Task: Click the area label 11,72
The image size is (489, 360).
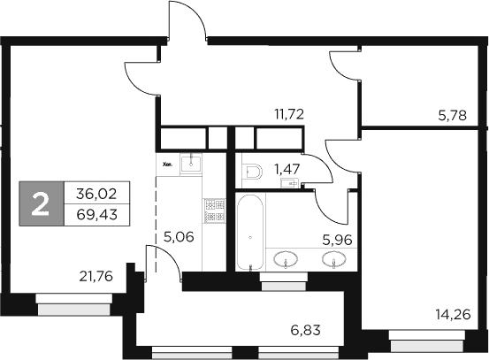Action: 288,114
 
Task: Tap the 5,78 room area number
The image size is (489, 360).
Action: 455,114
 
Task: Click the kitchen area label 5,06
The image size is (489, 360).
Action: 180,236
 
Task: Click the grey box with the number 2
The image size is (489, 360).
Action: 40,203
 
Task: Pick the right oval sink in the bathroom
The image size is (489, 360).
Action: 333,260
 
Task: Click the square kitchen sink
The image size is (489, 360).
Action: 191,163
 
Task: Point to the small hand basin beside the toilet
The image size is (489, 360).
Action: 289,182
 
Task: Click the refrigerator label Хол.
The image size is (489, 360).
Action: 166,163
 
